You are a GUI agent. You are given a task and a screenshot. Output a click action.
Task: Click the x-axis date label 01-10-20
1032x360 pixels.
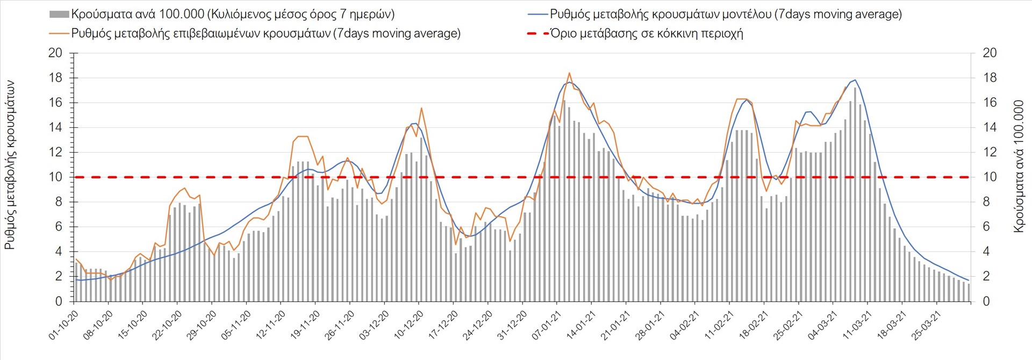63,325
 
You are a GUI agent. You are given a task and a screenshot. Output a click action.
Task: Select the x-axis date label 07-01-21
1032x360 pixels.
547,325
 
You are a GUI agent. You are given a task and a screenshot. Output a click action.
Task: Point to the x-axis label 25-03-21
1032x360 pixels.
927,325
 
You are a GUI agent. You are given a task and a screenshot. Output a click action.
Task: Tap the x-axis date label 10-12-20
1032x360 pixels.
408,325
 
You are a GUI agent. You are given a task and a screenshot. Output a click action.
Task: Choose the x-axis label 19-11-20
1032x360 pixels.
305,325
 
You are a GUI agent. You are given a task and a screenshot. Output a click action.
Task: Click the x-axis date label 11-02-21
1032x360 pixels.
719,325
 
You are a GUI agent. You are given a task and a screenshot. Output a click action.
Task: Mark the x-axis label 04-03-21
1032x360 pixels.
823,325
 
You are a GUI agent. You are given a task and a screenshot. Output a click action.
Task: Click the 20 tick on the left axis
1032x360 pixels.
55,53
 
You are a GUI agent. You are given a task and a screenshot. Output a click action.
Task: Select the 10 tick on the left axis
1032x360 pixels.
55,177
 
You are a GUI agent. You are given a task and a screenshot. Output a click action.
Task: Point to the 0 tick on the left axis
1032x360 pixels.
59,301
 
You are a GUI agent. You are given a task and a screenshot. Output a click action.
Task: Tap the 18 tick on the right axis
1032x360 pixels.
990,78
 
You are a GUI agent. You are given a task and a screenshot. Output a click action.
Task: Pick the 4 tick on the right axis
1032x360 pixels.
986,252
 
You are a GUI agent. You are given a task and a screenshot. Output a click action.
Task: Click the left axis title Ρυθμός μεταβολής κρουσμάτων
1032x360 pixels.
10,165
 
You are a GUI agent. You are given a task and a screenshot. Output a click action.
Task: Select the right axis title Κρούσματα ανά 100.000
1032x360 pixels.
1019,166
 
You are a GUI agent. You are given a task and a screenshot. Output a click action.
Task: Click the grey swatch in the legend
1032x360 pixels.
59,15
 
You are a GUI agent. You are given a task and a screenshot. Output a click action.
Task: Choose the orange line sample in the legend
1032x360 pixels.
59,33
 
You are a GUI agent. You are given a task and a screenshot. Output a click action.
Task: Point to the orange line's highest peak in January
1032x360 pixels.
569,73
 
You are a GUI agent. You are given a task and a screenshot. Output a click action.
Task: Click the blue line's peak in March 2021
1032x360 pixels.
855,80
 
